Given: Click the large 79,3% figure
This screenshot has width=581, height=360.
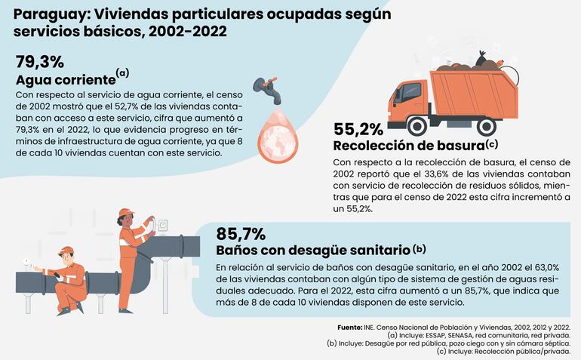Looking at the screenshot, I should click(x=40, y=61).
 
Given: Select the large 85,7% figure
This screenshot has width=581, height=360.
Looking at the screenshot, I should click(x=241, y=232).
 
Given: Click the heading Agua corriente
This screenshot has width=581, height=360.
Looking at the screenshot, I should click(x=65, y=80).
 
